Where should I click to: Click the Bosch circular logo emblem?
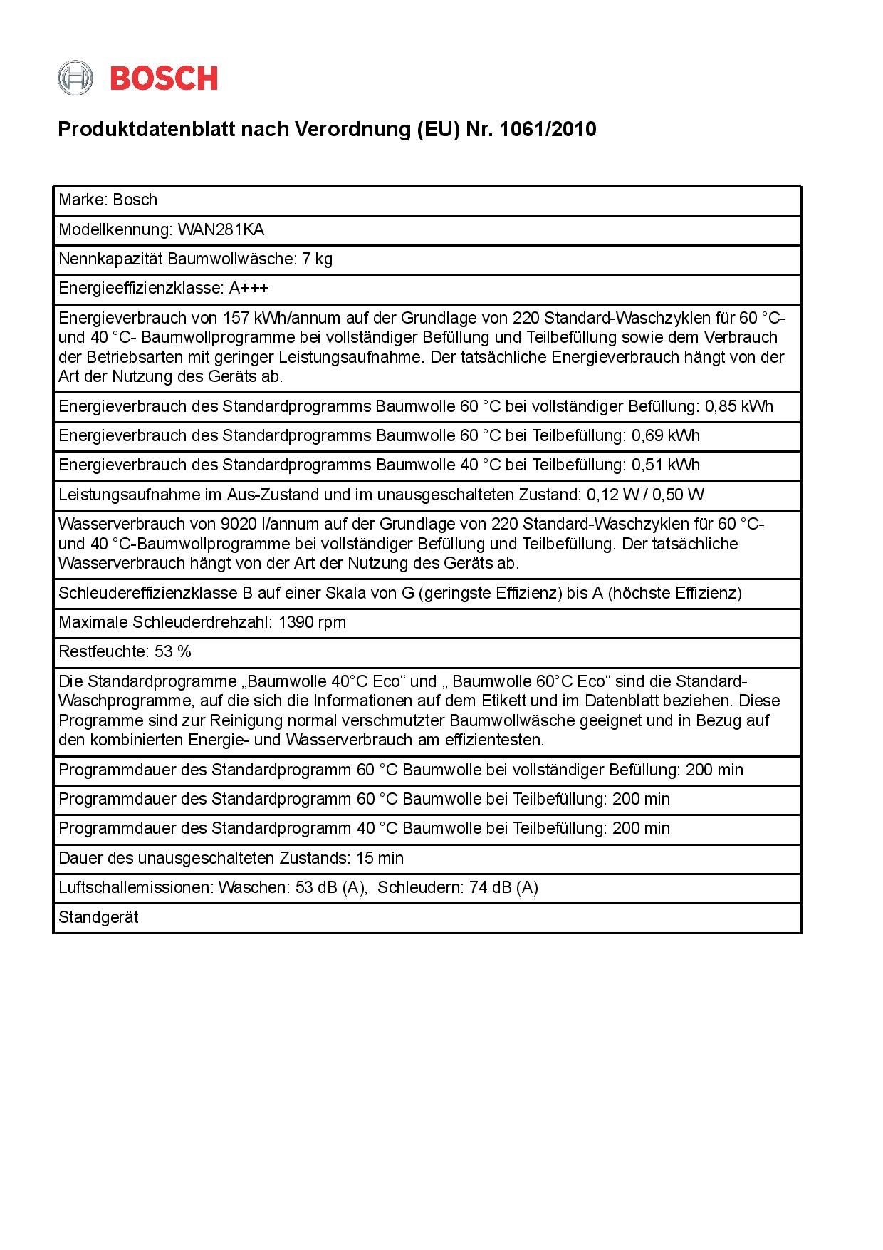[75, 78]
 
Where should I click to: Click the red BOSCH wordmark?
[164, 78]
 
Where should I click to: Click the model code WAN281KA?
[221, 229]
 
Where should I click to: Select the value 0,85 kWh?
[738, 407]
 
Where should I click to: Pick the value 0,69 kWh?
[665, 436]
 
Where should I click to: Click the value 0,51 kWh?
[665, 465]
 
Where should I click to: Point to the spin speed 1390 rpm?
[312, 623]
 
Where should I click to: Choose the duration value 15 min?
[380, 859]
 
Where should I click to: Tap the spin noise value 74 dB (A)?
[503, 888]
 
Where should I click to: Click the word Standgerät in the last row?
[98, 918]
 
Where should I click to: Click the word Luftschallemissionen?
[135, 888]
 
